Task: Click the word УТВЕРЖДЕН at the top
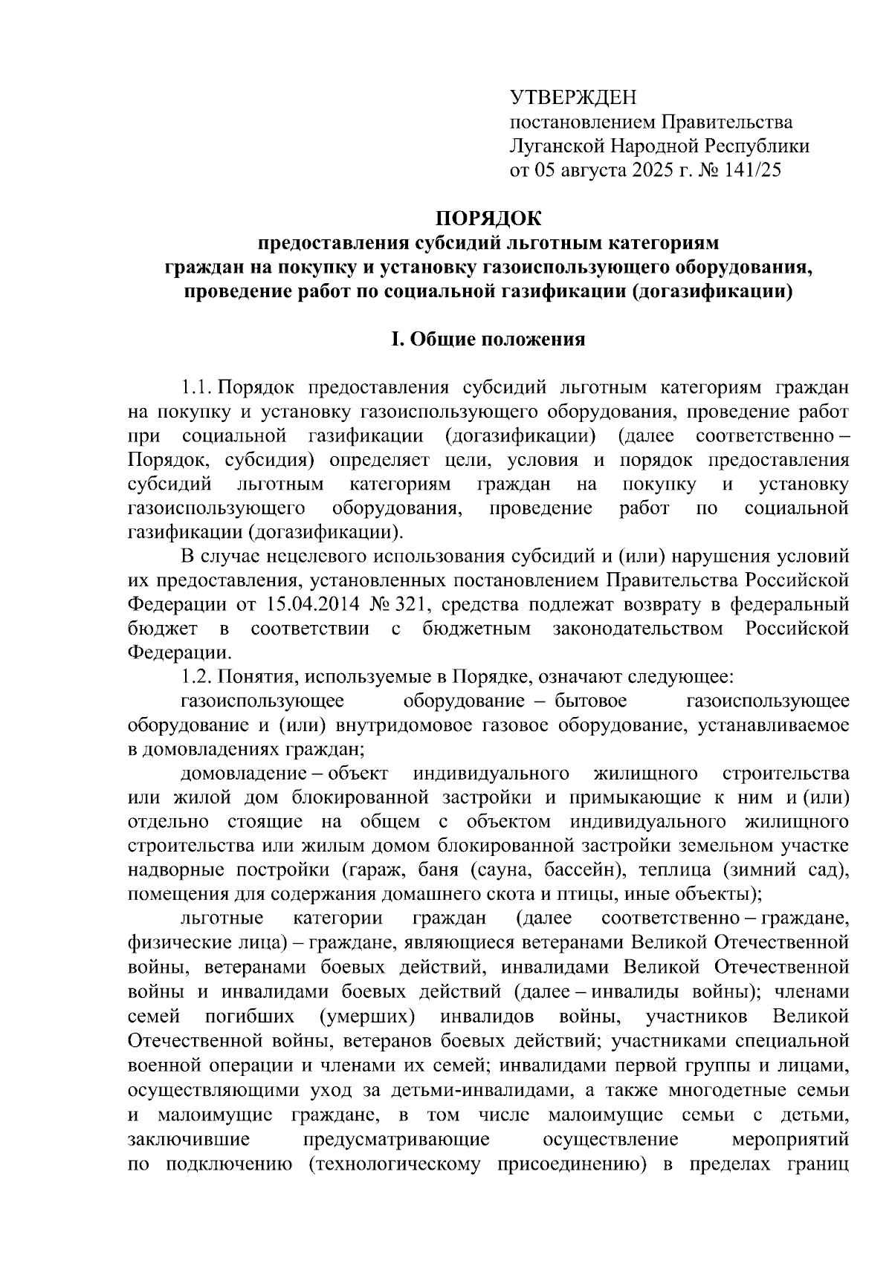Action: (573, 97)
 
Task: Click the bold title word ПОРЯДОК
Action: (488, 218)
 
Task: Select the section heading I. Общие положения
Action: (488, 340)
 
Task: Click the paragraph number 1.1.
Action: (196, 388)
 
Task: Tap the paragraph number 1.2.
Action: (196, 677)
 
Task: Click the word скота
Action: (511, 893)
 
